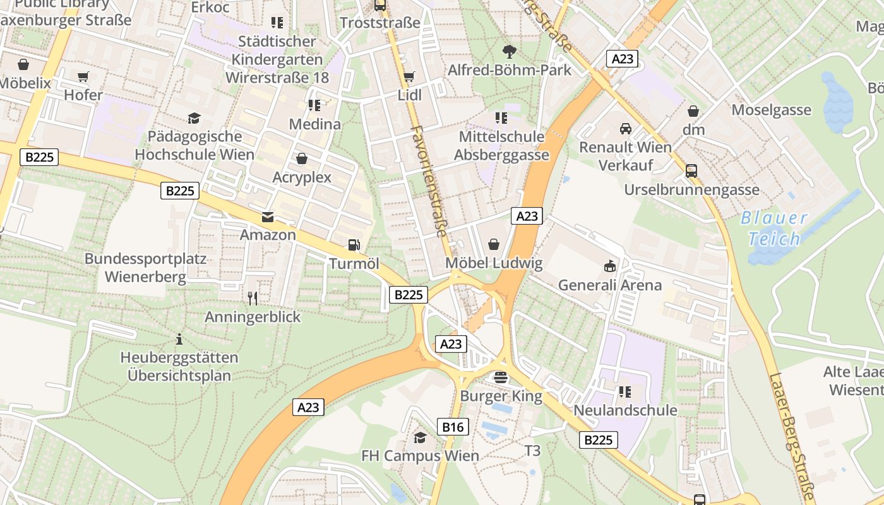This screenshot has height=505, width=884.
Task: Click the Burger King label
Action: click(501, 396)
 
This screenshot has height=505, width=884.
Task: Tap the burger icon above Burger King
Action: click(501, 377)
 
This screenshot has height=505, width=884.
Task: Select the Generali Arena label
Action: click(609, 285)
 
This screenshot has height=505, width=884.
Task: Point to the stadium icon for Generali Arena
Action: click(609, 266)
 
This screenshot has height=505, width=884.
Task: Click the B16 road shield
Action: click(453, 427)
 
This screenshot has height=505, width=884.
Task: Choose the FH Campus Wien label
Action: click(420, 455)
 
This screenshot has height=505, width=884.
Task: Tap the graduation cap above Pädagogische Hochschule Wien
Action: click(194, 117)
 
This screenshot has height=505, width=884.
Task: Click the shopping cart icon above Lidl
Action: click(409, 76)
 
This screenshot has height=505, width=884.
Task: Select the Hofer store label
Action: click(83, 95)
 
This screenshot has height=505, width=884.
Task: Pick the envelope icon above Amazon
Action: click(268, 217)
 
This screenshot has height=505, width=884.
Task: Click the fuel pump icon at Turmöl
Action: click(354, 245)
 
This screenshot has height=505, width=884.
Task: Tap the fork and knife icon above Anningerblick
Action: click(253, 298)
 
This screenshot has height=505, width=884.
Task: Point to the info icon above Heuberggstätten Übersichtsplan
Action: click(179, 339)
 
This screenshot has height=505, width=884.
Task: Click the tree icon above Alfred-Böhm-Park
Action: click(509, 52)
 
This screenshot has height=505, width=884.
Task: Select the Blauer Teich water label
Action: click(773, 229)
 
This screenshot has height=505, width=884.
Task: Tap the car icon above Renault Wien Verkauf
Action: click(625, 129)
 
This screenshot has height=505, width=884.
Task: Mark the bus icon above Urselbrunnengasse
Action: click(691, 170)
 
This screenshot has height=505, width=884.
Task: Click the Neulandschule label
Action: click(625, 410)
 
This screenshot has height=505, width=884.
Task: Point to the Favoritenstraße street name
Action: click(429, 181)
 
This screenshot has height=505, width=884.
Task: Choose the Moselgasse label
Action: click(771, 110)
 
